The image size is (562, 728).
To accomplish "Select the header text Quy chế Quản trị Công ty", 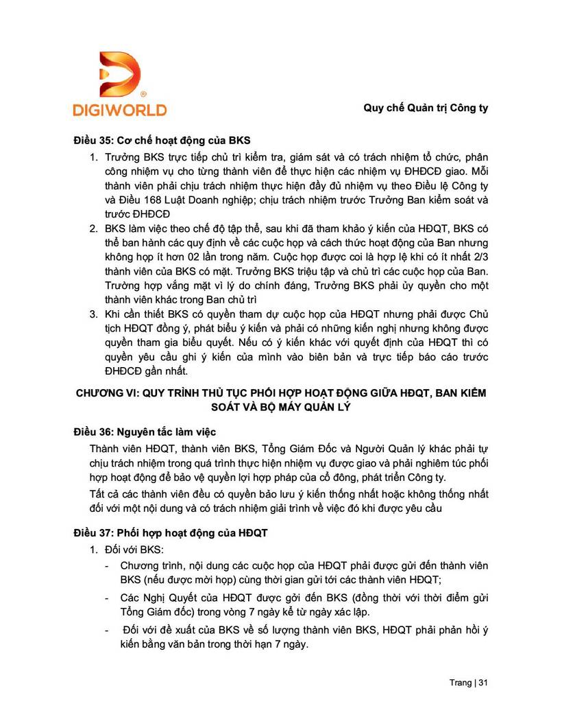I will [425, 108].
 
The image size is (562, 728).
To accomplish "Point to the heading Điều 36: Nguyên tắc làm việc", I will [145, 432].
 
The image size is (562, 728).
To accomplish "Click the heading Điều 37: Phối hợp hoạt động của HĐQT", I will [171, 532].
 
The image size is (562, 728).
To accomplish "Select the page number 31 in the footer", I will [483, 683].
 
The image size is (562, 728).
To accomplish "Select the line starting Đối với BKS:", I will [130, 550].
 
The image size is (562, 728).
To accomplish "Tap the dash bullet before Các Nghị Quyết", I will [107, 598].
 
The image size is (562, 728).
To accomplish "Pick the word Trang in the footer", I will [461, 683].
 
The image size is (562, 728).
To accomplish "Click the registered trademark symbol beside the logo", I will [143, 93].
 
